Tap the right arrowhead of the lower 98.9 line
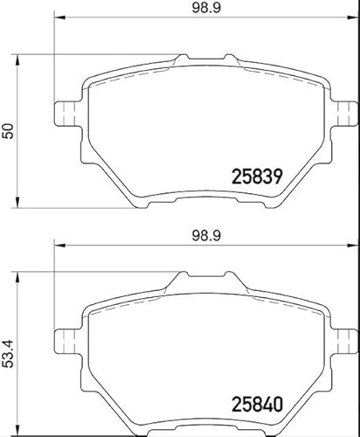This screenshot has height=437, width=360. pyautogui.click(x=354, y=246)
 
